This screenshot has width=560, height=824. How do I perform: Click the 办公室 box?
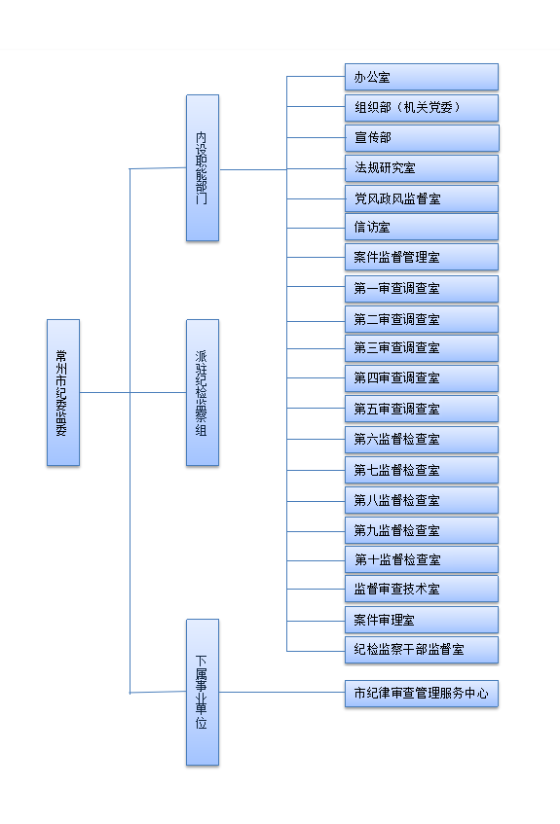pyautogui.click(x=422, y=77)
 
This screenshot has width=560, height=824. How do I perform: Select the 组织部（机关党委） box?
pyautogui.click(x=422, y=108)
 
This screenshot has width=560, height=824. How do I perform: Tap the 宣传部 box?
pyautogui.click(x=422, y=138)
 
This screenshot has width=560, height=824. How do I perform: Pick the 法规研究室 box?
pyautogui.click(x=422, y=168)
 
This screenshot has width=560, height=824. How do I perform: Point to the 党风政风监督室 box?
pyautogui.click(x=422, y=198)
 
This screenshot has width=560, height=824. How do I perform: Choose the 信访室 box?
pyautogui.click(x=422, y=227)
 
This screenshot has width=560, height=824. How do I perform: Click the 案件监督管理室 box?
pyautogui.click(x=422, y=257)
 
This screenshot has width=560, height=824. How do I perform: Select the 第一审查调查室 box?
pyautogui.click(x=422, y=289)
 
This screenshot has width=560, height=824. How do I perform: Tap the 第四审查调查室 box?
pyautogui.click(x=422, y=377)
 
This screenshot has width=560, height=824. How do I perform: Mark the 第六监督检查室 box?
pyautogui.click(x=422, y=440)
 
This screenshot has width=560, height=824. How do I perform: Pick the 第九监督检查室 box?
pyautogui.click(x=422, y=530)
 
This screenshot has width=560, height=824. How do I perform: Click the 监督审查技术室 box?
pyautogui.click(x=422, y=589)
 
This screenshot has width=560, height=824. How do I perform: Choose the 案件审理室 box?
pyautogui.click(x=422, y=620)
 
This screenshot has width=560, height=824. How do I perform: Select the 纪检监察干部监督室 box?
pyautogui.click(x=422, y=650)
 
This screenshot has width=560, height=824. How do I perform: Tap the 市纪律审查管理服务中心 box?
pyautogui.click(x=422, y=694)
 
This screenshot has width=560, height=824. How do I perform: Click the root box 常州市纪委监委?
pyautogui.click(x=63, y=393)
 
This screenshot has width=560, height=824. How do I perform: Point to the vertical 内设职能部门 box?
pyautogui.click(x=203, y=168)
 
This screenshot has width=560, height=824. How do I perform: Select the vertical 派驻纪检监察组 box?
pyautogui.click(x=203, y=393)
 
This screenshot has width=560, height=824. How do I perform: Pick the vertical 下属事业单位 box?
pyautogui.click(x=203, y=692)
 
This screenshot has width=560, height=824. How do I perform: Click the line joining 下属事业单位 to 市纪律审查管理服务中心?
pyautogui.click(x=282, y=692)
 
